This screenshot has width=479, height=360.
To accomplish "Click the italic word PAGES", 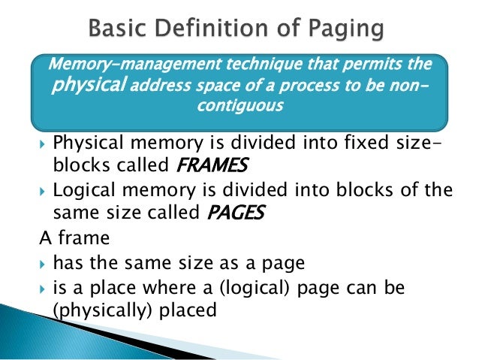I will tap(234, 213).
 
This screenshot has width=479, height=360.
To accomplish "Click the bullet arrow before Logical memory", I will tap(43, 191).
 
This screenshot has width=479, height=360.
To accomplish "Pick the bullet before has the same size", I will tap(43, 263).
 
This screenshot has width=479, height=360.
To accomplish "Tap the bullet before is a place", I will tap(43, 287).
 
